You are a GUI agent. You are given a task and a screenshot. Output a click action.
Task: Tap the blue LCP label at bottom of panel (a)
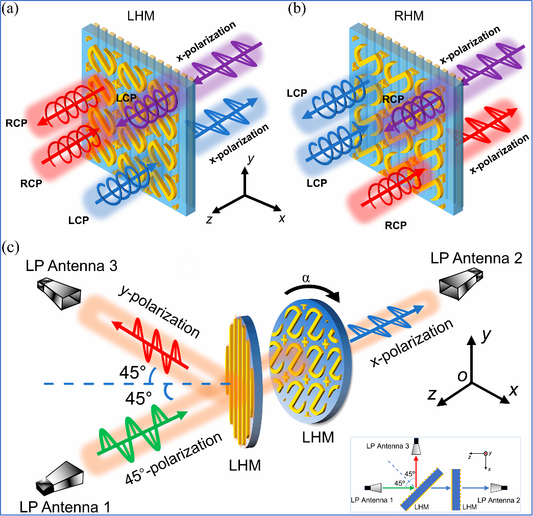79,220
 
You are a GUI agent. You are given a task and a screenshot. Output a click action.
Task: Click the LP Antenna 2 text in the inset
497,502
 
